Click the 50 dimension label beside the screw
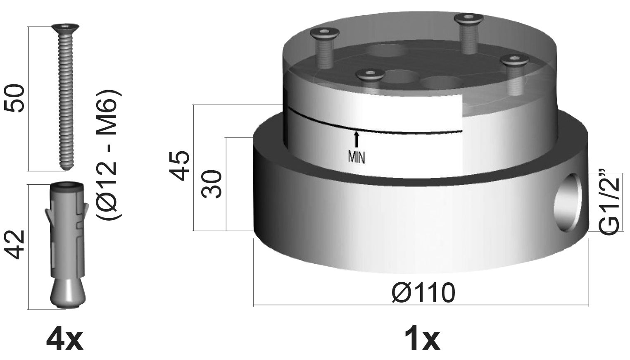pos(14,98)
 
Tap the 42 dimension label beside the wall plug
pos(14,245)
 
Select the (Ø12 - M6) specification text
pos(109,155)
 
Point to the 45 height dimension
pos(180,166)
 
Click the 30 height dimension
pos(212,184)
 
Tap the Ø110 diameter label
pos(423,293)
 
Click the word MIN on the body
pos(357,157)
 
